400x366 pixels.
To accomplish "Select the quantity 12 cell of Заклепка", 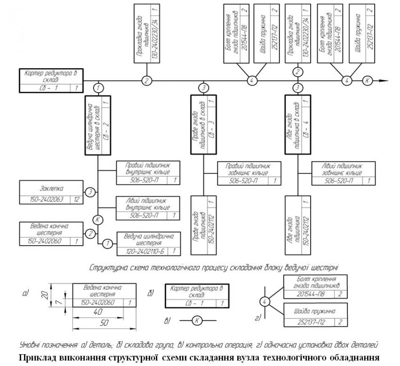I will (x=75, y=199).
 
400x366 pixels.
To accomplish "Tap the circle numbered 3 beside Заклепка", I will (x=91, y=192).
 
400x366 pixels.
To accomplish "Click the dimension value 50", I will (x=104, y=324).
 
